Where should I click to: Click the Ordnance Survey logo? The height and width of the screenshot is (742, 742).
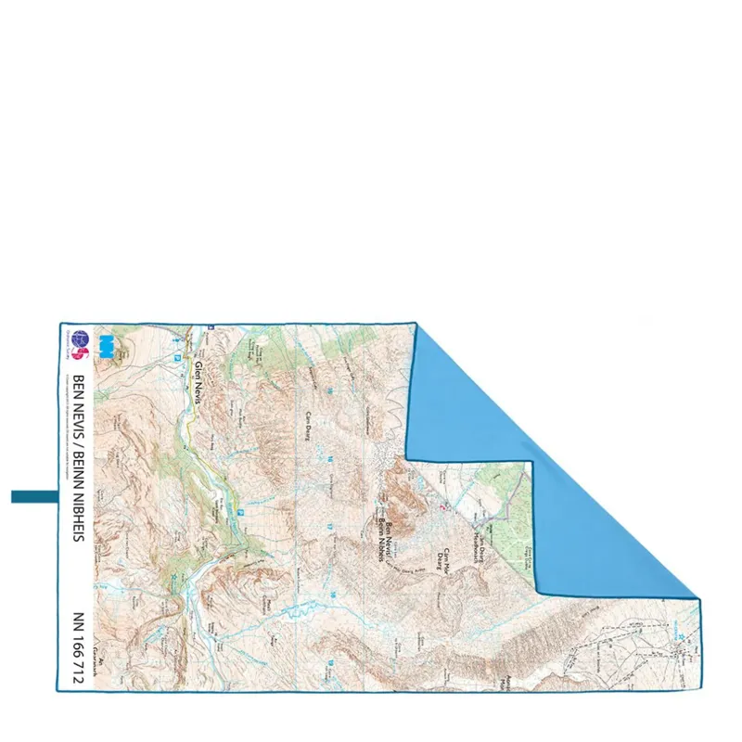pos(81,342)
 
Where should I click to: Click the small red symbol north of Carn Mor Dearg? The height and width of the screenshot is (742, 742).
pos(442,506)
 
